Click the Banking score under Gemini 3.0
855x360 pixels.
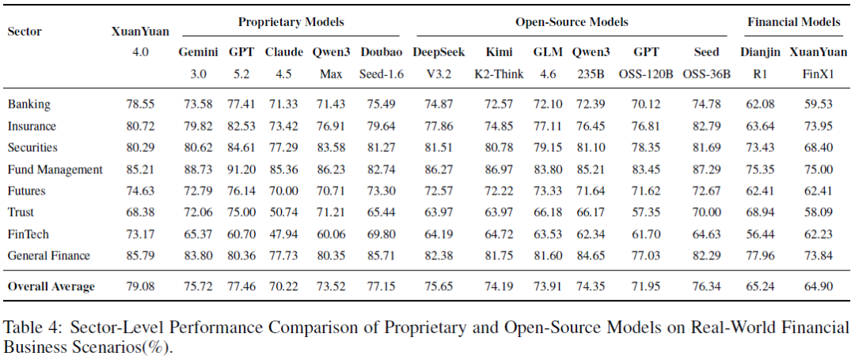[198, 104]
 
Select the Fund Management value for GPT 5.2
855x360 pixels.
[241, 169]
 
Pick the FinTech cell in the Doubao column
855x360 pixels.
[382, 234]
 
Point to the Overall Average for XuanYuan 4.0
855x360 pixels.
[141, 286]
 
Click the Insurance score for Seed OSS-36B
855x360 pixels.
[706, 126]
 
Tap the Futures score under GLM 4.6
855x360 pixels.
[548, 191]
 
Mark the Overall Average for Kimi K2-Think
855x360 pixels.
[499, 286]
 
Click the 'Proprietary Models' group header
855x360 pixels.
[291, 22]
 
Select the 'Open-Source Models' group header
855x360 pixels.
[572, 22]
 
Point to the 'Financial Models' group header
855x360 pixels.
[794, 22]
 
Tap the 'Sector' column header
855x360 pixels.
[25, 32]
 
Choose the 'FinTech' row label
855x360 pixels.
[28, 234]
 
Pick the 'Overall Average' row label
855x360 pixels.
[51, 286]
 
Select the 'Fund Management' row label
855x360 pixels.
[55, 169]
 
